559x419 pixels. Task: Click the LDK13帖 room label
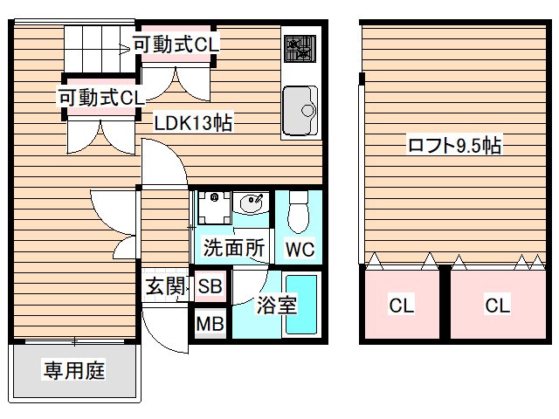(x=193, y=123)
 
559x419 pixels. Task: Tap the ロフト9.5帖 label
(x=453, y=146)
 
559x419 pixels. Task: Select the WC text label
(x=300, y=249)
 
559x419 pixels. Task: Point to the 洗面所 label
(x=233, y=248)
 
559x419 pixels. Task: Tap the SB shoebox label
(x=210, y=285)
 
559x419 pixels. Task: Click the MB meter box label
(x=210, y=325)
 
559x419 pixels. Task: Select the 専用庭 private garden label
(x=74, y=371)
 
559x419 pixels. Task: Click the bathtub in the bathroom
(x=301, y=310)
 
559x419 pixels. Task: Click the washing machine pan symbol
(x=210, y=208)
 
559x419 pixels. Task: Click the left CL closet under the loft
(x=402, y=306)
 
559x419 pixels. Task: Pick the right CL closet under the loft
(x=497, y=306)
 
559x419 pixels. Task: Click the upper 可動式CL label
(x=176, y=43)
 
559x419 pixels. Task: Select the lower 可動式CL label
(x=101, y=97)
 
